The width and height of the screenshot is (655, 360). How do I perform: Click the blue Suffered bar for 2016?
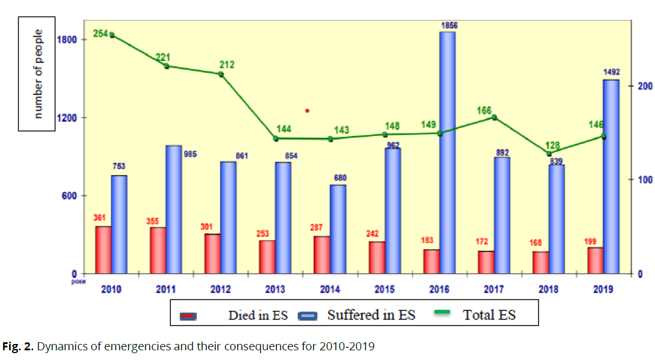(x=447, y=153)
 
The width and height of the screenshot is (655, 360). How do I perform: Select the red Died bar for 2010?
(x=103, y=250)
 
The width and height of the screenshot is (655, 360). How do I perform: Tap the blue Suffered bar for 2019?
(x=611, y=177)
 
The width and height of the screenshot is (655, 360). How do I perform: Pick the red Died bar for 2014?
(x=322, y=255)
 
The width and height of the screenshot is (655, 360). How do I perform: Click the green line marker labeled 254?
(x=112, y=35)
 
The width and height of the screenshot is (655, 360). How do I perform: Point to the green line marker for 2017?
(x=494, y=118)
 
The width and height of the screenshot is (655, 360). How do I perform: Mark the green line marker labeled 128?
(x=549, y=153)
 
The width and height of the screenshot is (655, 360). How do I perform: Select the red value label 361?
(x=101, y=218)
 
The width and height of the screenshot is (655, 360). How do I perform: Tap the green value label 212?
(x=226, y=65)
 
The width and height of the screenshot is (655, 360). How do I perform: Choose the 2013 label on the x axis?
(x=275, y=289)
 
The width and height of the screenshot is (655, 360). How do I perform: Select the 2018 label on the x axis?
(x=549, y=289)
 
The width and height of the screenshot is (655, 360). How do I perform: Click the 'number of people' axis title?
(x=38, y=74)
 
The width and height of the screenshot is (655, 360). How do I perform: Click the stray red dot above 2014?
(x=307, y=110)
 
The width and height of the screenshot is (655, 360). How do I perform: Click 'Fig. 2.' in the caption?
(x=19, y=347)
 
